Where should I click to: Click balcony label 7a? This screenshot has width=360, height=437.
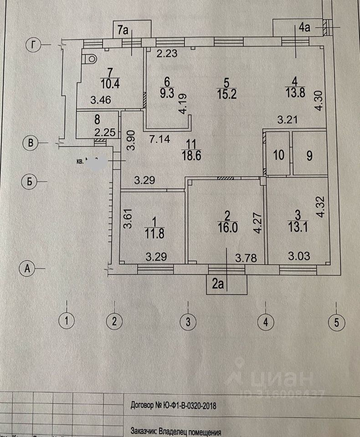click(x=123, y=31)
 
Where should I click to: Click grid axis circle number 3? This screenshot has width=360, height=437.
click(x=187, y=322)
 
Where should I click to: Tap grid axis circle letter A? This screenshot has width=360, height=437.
click(x=28, y=269)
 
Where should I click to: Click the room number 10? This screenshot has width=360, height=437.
click(x=278, y=155)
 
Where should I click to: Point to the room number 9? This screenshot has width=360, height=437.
click(x=309, y=155)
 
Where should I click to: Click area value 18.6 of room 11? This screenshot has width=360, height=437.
click(x=191, y=155)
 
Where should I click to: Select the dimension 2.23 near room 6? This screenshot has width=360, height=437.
click(x=168, y=54)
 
